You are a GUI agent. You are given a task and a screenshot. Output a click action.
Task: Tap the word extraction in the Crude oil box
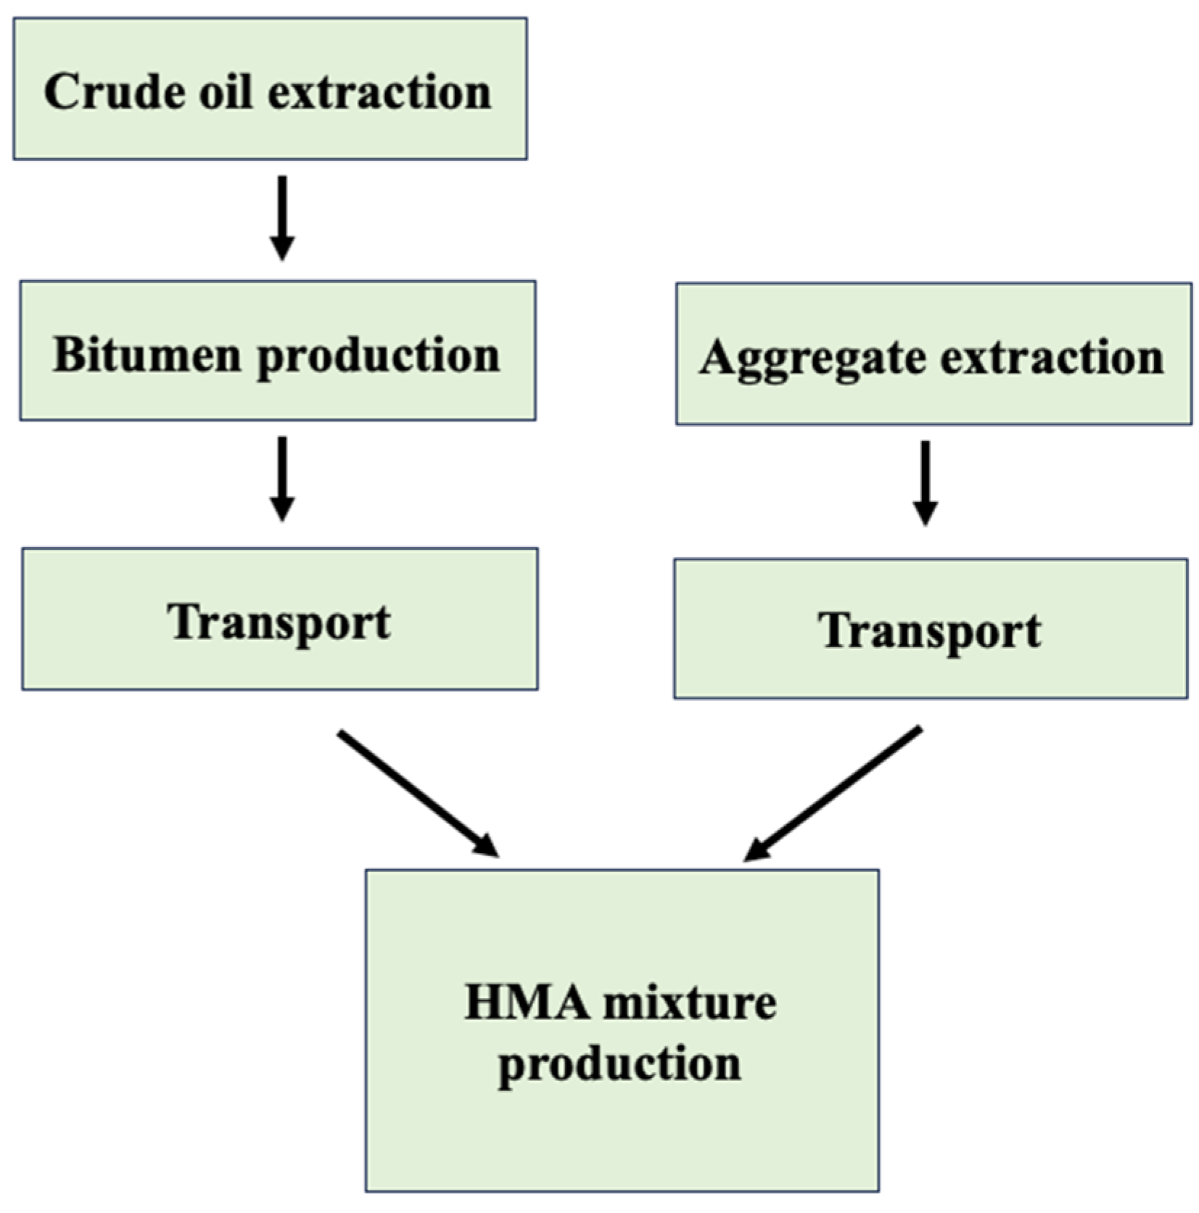coord(379,92)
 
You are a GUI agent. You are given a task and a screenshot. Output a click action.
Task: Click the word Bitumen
coord(146,355)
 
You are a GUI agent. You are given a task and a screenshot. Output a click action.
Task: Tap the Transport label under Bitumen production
coord(279,622)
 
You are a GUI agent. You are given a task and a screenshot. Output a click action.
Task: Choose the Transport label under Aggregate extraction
coord(930,631)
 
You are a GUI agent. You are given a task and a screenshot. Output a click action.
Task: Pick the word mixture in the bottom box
coord(689,1003)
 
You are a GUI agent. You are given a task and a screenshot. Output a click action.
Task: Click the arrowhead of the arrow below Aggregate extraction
coord(925,513)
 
